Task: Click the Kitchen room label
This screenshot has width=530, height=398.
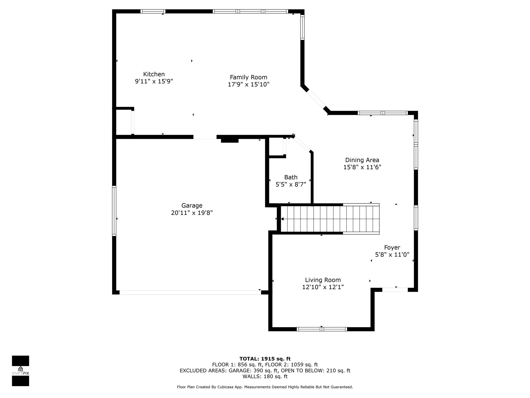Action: [154, 74]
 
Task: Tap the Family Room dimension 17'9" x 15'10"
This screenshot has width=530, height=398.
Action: [248, 84]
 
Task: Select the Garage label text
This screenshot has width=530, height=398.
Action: [192, 206]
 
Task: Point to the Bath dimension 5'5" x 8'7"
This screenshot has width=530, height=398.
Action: [291, 184]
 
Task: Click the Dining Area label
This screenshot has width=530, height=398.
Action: [362, 160]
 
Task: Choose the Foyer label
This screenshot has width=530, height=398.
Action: [392, 247]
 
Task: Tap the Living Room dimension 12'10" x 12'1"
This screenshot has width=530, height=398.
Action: [323, 287]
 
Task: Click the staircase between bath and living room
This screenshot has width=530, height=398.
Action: [330, 219]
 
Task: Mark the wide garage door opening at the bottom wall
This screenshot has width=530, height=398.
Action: [190, 292]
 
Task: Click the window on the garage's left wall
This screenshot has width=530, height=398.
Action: [114, 211]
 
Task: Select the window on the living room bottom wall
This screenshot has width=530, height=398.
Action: [322, 329]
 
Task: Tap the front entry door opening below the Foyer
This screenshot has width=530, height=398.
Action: [395, 290]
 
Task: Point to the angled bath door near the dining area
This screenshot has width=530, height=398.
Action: [302, 144]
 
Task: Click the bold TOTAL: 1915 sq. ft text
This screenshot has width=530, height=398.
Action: [265, 359]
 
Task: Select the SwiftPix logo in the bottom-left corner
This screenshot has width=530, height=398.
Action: [20, 371]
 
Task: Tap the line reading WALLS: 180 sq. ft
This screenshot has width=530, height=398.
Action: [265, 376]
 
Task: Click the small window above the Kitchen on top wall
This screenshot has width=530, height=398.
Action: [153, 11]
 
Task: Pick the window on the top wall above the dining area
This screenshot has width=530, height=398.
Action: [382, 113]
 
